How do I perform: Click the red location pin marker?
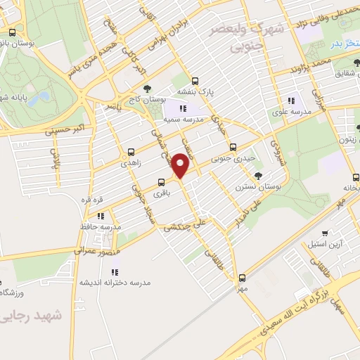point(181,165)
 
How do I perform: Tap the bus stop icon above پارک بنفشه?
point(194,80)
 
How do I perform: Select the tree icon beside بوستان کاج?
point(146,89)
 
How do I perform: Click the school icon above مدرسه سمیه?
point(183,108)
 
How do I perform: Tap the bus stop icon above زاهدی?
point(131,152)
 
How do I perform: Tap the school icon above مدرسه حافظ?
point(101,216)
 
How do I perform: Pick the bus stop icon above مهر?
point(242,278)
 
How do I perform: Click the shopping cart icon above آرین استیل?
point(324,233)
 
